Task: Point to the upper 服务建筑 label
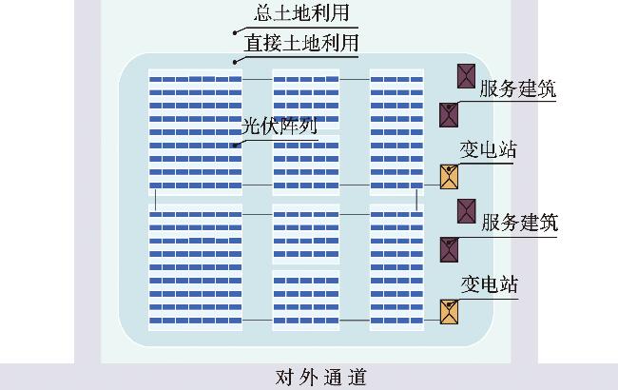[518, 89]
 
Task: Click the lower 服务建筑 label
[518, 224]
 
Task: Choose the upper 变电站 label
[490, 150]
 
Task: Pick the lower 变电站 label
[490, 284]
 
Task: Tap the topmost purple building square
[466, 76]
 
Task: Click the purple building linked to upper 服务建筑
[449, 115]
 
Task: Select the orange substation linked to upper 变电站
[449, 176]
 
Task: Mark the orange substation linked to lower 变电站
[449, 311]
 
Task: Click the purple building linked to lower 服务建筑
[449, 249]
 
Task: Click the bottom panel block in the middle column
[305, 300]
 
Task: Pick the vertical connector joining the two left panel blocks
[154, 199]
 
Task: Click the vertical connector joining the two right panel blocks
[415, 199]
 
